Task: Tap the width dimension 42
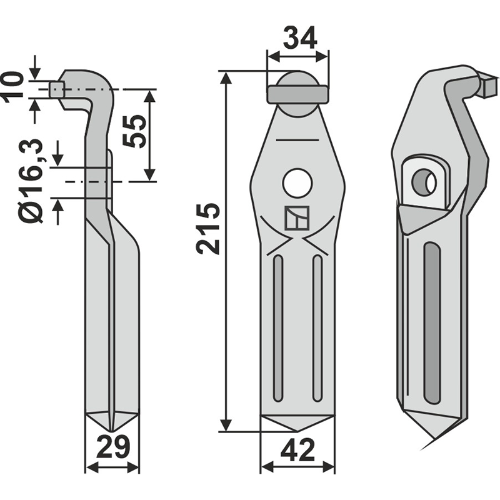pos(297,451)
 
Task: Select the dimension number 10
pos(14,87)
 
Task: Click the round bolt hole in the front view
pos(297,183)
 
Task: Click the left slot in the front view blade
pos(277,328)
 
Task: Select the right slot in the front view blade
pos(317,328)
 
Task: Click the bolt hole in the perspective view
pos(424,182)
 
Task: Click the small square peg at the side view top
pos(56,89)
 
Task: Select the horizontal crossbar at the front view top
pos(297,94)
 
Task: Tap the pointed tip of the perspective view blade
pos(431,442)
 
